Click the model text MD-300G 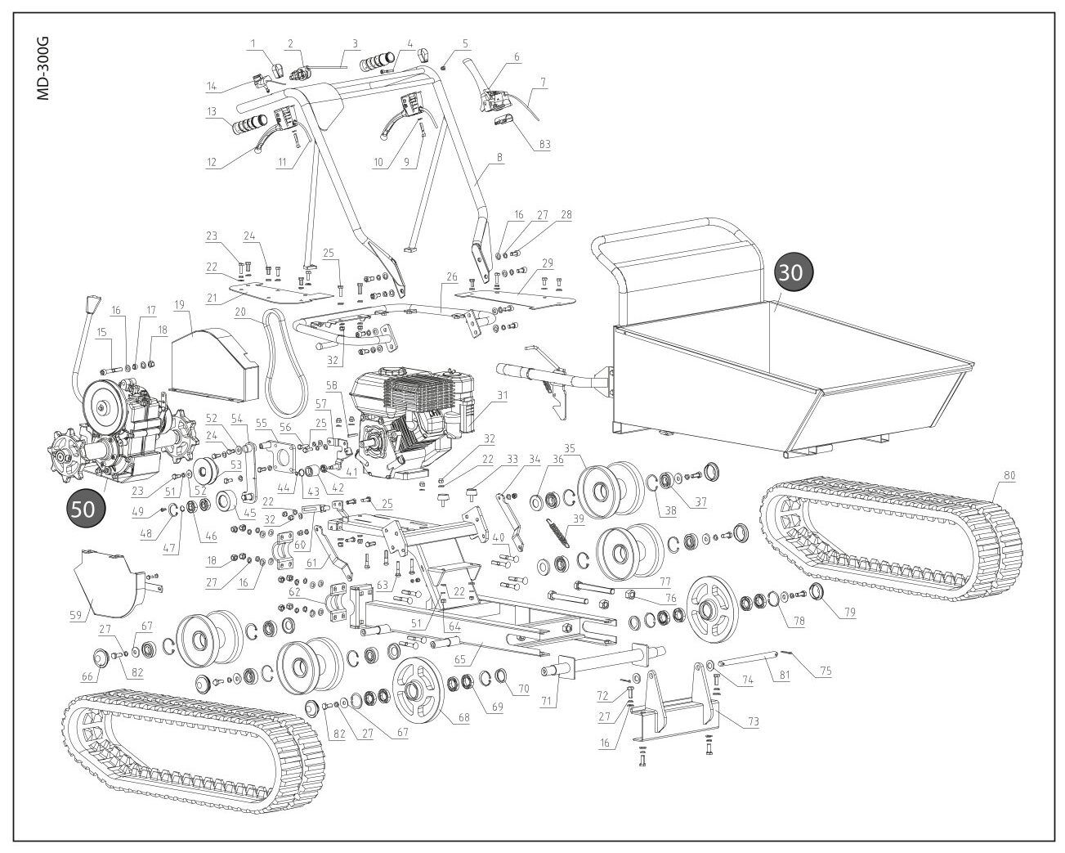click(44, 68)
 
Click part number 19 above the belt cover click(178, 304)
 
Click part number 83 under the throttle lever click(545, 145)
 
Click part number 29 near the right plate click(548, 263)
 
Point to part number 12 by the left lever click(213, 162)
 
